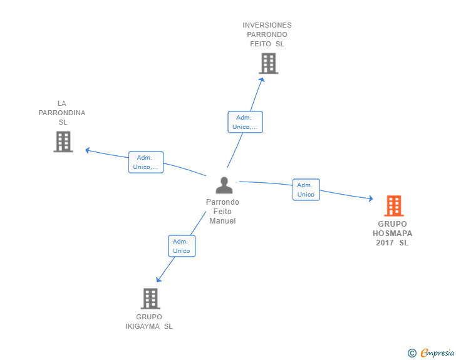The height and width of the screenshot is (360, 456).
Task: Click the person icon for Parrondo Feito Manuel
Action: point(224,185)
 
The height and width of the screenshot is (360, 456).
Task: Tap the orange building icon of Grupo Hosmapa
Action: point(394,205)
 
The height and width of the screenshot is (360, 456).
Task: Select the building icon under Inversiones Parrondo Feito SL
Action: point(269,63)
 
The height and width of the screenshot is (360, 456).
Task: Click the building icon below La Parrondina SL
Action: point(63,141)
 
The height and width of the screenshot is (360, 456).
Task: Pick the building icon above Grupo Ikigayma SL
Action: point(150,299)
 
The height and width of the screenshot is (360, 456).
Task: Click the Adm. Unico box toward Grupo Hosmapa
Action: point(306,190)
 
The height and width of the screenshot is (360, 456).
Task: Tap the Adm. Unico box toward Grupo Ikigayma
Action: point(182,246)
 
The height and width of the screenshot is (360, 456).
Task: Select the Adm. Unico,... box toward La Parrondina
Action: point(146,162)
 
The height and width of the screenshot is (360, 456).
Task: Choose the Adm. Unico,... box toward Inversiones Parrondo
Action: point(245,122)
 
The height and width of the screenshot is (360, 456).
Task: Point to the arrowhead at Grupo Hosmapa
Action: point(371,198)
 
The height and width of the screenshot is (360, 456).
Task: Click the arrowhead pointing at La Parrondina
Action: point(87,150)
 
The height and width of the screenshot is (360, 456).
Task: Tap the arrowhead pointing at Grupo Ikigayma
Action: point(158,279)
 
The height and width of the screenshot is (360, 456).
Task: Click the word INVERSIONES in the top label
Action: point(267,25)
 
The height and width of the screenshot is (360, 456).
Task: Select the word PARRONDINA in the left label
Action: point(62,113)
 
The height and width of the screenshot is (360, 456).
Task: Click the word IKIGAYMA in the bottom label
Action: point(143,326)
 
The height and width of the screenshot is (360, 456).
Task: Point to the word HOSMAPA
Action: point(392,234)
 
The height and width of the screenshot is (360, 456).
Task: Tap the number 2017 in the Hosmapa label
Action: point(385,243)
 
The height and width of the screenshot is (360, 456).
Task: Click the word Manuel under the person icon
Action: point(222,221)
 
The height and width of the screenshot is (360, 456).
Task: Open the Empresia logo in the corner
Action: point(431,352)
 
